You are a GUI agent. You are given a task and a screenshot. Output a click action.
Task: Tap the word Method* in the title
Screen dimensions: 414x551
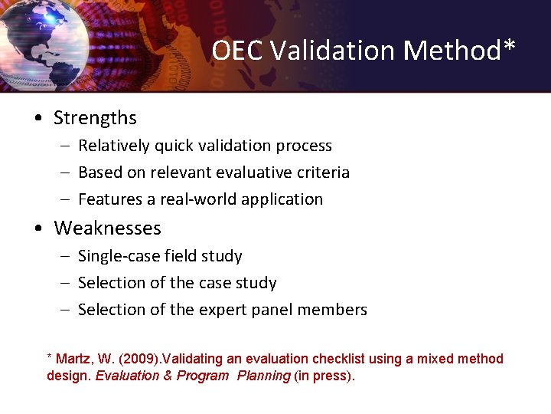click(460, 51)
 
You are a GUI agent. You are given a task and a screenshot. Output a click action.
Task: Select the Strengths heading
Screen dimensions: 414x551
click(95, 118)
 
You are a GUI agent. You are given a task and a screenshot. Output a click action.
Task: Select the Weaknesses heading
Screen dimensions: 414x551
click(107, 228)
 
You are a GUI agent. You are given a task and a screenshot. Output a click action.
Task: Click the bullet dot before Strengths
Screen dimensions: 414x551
click(37, 119)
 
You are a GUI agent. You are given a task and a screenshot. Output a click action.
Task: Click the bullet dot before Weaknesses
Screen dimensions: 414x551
click(37, 229)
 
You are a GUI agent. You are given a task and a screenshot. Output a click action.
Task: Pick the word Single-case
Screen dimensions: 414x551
click(118, 256)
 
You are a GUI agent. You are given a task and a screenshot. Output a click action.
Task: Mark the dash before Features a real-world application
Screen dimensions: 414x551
click(66, 199)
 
